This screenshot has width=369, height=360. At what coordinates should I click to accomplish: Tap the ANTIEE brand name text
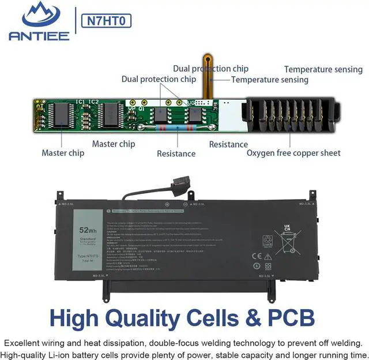coord(39,36)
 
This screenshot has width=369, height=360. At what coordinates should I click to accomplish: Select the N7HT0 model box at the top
coord(107,21)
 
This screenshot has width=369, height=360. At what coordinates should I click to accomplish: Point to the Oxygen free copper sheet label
coord(293,153)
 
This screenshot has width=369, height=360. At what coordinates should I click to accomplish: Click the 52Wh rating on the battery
coord(88,230)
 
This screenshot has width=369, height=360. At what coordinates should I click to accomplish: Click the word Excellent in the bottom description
coord(22,342)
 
